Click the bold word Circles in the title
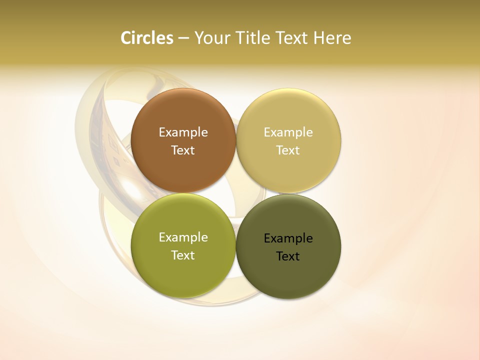tap(147, 38)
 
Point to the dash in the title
tap(183, 38)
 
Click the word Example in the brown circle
tap(183, 132)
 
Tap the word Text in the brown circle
tap(183, 150)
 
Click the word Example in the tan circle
tap(288, 132)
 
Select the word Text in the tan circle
tap(288, 150)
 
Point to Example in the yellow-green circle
tap(183, 237)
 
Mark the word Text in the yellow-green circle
tap(183, 255)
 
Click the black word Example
tap(288, 238)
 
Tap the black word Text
tap(288, 256)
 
